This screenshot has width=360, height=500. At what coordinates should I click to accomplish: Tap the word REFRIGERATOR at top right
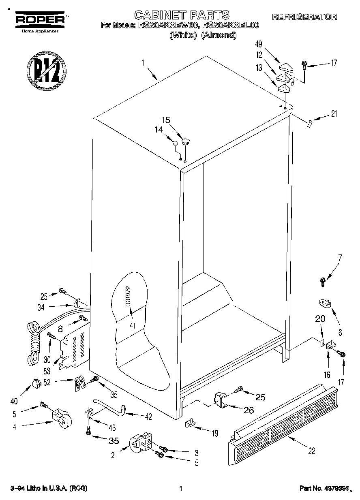(304, 17)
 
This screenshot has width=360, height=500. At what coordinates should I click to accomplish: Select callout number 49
(259, 45)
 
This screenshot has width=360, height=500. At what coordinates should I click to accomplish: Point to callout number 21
(334, 114)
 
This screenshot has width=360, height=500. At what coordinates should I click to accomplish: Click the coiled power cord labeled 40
(33, 340)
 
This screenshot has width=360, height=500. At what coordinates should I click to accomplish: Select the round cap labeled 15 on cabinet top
(186, 141)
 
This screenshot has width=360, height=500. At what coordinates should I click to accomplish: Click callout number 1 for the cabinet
(143, 63)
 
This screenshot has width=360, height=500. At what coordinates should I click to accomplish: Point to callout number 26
(249, 410)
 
